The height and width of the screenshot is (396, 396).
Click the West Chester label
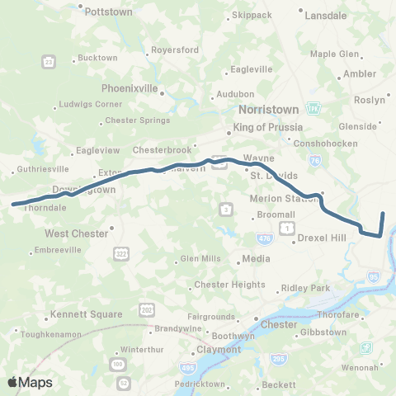click(76, 233)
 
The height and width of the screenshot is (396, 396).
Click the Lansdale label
click(325, 15)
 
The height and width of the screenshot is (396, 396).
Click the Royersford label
click(174, 49)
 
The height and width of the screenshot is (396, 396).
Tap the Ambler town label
click(359, 73)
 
